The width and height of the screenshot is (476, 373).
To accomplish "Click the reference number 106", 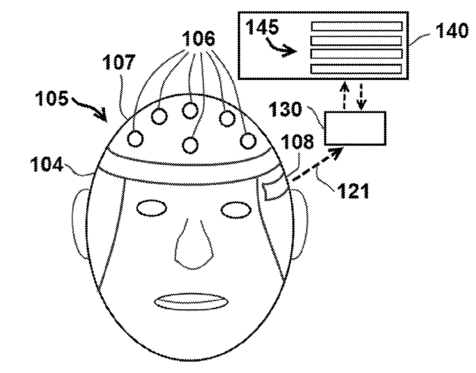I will pos(198,39).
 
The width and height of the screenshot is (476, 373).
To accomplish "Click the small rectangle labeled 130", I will pos(356,127).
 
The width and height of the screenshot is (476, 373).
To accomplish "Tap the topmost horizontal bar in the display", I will pos(357,26).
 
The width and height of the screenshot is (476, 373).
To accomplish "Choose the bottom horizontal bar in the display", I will pos(357,69).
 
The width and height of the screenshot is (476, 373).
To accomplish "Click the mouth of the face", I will pos(191,301).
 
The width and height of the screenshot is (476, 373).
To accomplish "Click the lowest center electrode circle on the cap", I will pos(191,144).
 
